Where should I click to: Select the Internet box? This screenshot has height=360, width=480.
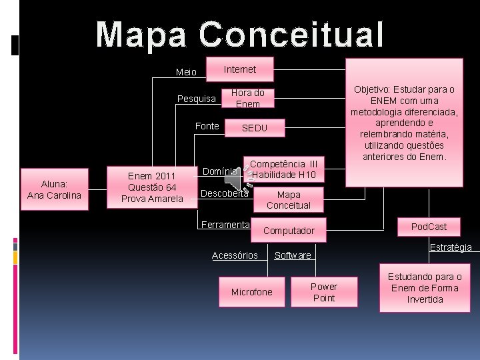(x=240, y=69)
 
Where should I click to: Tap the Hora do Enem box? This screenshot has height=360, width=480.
(x=247, y=98)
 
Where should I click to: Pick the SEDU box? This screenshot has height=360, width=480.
(x=255, y=128)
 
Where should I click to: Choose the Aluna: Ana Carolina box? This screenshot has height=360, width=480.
(x=53, y=190)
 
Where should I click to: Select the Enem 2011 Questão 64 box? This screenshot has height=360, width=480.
(x=152, y=187)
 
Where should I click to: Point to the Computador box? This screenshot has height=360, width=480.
(x=289, y=231)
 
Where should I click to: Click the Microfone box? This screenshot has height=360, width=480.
(x=251, y=292)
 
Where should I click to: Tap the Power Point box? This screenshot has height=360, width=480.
(x=324, y=292)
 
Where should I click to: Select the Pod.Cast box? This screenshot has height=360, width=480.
(x=429, y=227)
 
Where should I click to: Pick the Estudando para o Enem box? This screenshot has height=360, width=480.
(x=425, y=288)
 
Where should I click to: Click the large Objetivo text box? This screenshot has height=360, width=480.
(x=404, y=123)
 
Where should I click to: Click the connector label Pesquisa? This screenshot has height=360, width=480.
(x=197, y=99)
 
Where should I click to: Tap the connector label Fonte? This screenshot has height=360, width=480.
(x=207, y=126)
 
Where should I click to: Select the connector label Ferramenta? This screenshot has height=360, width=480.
(x=225, y=225)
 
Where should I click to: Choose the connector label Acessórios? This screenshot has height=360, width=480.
(x=235, y=255)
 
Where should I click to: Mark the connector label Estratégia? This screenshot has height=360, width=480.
(x=451, y=247)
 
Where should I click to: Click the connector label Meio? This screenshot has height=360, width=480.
(x=186, y=72)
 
